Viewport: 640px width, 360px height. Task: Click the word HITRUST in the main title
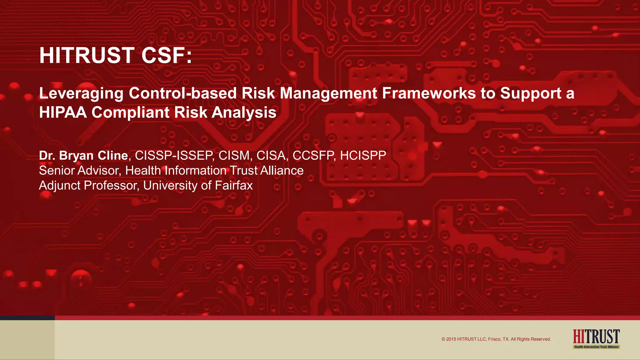coord(87,56)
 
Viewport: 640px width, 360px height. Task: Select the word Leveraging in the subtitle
coord(81,93)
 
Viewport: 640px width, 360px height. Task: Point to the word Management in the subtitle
coord(328,93)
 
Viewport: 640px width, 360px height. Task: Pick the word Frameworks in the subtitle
coord(429,93)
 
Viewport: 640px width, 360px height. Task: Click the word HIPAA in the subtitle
coord(63,112)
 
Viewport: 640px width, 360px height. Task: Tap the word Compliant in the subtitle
coord(130,112)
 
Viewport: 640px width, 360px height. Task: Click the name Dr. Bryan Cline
coord(83,156)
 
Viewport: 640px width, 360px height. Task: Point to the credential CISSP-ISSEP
coord(174,156)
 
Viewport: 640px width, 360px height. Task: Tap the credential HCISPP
coord(363,156)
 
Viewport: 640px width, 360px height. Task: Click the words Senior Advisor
coord(79,171)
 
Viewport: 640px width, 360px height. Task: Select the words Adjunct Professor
coord(88,186)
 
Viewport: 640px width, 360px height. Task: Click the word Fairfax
coord(234,186)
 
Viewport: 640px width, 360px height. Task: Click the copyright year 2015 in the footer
coord(451,339)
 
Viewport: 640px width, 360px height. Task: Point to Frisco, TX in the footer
coord(498,339)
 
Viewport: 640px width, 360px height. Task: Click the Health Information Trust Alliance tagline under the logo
coord(596,347)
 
